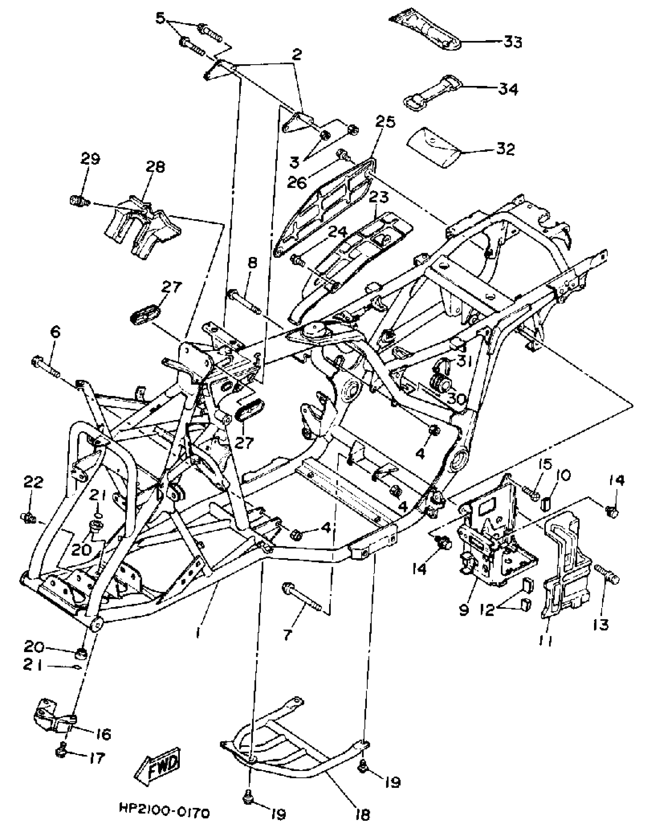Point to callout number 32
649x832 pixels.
pyautogui.click(x=505, y=149)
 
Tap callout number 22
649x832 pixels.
pyautogui.click(x=34, y=482)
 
